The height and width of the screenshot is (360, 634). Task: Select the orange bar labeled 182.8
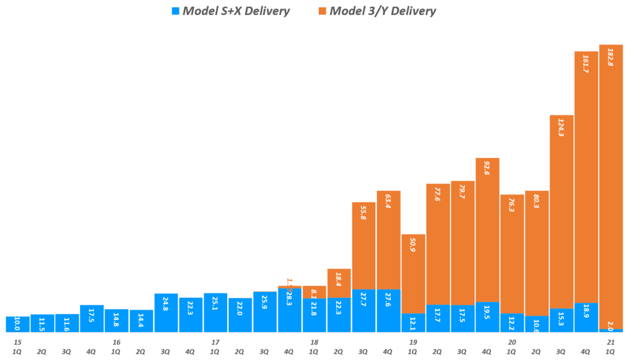tap(610, 186)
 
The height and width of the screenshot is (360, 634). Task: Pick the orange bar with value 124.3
tap(562, 211)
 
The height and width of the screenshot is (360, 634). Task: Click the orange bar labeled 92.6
tap(487, 230)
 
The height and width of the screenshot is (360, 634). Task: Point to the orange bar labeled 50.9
tap(413, 273)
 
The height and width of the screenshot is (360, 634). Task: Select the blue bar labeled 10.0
tap(17, 324)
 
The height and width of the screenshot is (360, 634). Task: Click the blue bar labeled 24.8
tap(166, 313)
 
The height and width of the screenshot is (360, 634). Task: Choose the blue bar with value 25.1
tap(215, 313)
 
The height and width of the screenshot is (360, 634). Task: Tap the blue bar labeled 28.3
tap(289, 310)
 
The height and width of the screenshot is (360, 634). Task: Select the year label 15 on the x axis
tap(17, 342)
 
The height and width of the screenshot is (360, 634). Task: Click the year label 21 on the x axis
tap(610, 342)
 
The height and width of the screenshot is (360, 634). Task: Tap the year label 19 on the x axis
tap(413, 342)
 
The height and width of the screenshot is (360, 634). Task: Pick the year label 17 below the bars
tap(215, 342)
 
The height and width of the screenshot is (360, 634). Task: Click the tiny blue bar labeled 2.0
tap(610, 330)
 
